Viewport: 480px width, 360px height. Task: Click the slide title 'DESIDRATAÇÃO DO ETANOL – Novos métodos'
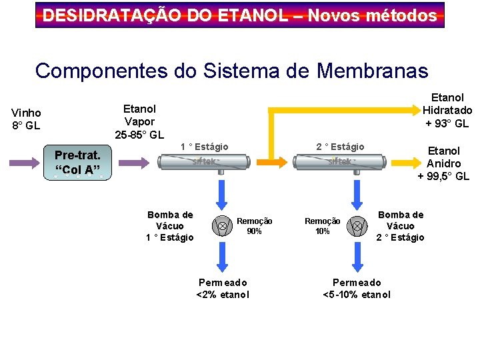pos(240,15)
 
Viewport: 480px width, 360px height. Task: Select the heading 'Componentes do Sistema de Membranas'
pos(231,70)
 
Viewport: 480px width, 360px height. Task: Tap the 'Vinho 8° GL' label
pos(26,119)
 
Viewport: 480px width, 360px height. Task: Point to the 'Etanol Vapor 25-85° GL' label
pos(139,121)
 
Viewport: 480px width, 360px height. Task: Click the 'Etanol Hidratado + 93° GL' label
pos(447,110)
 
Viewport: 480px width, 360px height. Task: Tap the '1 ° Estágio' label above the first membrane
pos(205,147)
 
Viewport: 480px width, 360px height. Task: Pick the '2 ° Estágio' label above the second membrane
pos(341,147)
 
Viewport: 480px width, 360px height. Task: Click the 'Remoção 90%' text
pos(254,226)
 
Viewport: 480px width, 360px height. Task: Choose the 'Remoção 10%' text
pos(322,226)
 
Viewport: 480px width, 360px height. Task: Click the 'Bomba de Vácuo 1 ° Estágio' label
pos(170,226)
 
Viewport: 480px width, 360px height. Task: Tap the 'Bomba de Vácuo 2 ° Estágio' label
pos(400,226)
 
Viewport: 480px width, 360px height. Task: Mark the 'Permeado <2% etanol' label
pos(223,289)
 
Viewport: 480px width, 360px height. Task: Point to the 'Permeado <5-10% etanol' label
pos(357,289)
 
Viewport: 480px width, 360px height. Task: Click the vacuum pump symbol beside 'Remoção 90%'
pos(221,227)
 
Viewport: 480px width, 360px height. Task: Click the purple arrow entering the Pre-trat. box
pos(25,163)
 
